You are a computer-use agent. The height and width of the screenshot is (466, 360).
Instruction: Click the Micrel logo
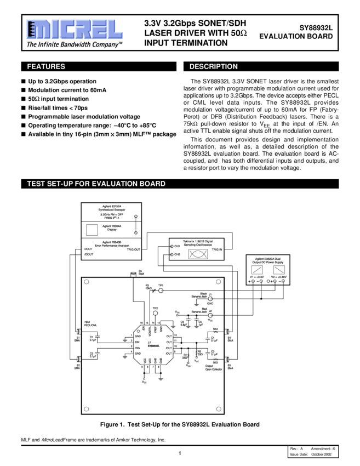click(72, 29)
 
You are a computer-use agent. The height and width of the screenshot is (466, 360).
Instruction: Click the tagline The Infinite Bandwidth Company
click(75, 44)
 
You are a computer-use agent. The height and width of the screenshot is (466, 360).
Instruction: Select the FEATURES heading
click(46, 67)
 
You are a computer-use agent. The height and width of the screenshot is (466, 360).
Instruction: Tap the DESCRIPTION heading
click(213, 67)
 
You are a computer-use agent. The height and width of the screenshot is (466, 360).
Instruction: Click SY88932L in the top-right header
click(316, 26)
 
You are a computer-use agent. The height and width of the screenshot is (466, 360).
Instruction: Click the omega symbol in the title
click(244, 33)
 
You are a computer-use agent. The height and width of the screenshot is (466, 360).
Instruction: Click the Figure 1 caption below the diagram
click(180, 424)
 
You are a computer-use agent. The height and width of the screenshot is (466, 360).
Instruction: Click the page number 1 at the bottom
click(179, 453)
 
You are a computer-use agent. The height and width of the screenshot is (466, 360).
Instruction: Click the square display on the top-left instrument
click(92, 229)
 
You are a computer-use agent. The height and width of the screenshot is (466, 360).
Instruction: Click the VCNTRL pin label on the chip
click(149, 330)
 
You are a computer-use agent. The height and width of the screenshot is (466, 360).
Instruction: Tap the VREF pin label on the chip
click(156, 330)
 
